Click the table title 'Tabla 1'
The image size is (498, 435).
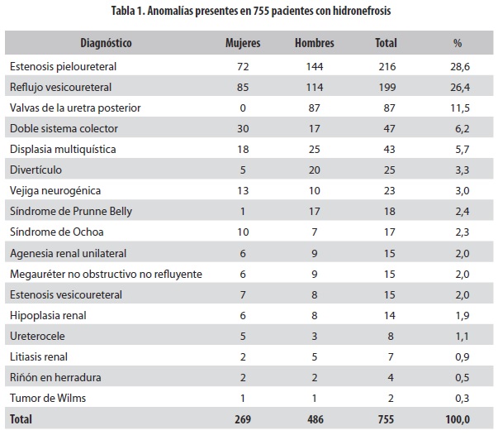(x=249, y=12)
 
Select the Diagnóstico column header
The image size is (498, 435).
(x=107, y=42)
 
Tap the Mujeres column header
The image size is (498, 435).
(x=243, y=42)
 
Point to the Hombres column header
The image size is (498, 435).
(x=314, y=42)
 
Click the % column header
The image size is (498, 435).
(x=458, y=42)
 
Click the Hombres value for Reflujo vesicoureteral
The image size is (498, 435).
(x=314, y=86)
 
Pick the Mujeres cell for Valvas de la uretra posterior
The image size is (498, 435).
(x=243, y=107)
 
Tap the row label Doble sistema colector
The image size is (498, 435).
(x=64, y=128)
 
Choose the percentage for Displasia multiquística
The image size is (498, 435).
(x=458, y=149)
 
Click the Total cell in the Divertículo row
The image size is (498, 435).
(x=386, y=170)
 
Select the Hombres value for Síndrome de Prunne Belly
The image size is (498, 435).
(x=314, y=211)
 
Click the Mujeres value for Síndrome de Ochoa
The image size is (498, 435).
(x=243, y=232)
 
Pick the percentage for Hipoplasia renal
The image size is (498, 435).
(x=458, y=315)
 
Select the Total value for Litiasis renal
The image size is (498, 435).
(x=386, y=357)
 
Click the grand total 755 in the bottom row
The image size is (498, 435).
(x=386, y=420)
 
